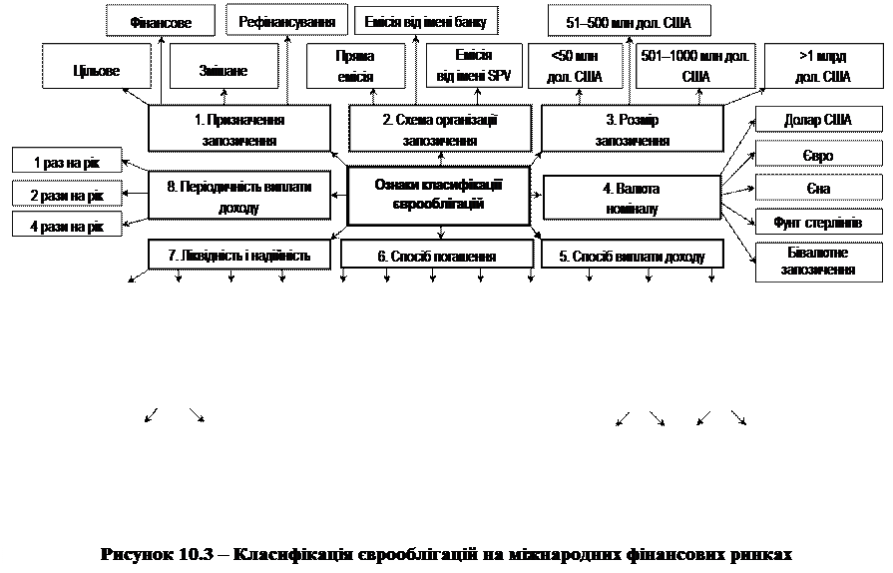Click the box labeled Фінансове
coord(162,22)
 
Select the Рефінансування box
coord(287,21)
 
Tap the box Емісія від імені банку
coord(426,21)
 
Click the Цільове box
coord(96,71)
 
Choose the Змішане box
coord(223,71)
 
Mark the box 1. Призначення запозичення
coord(238,130)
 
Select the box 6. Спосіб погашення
coord(437,257)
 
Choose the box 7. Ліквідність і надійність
coord(238,256)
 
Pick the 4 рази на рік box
coord(67,227)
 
